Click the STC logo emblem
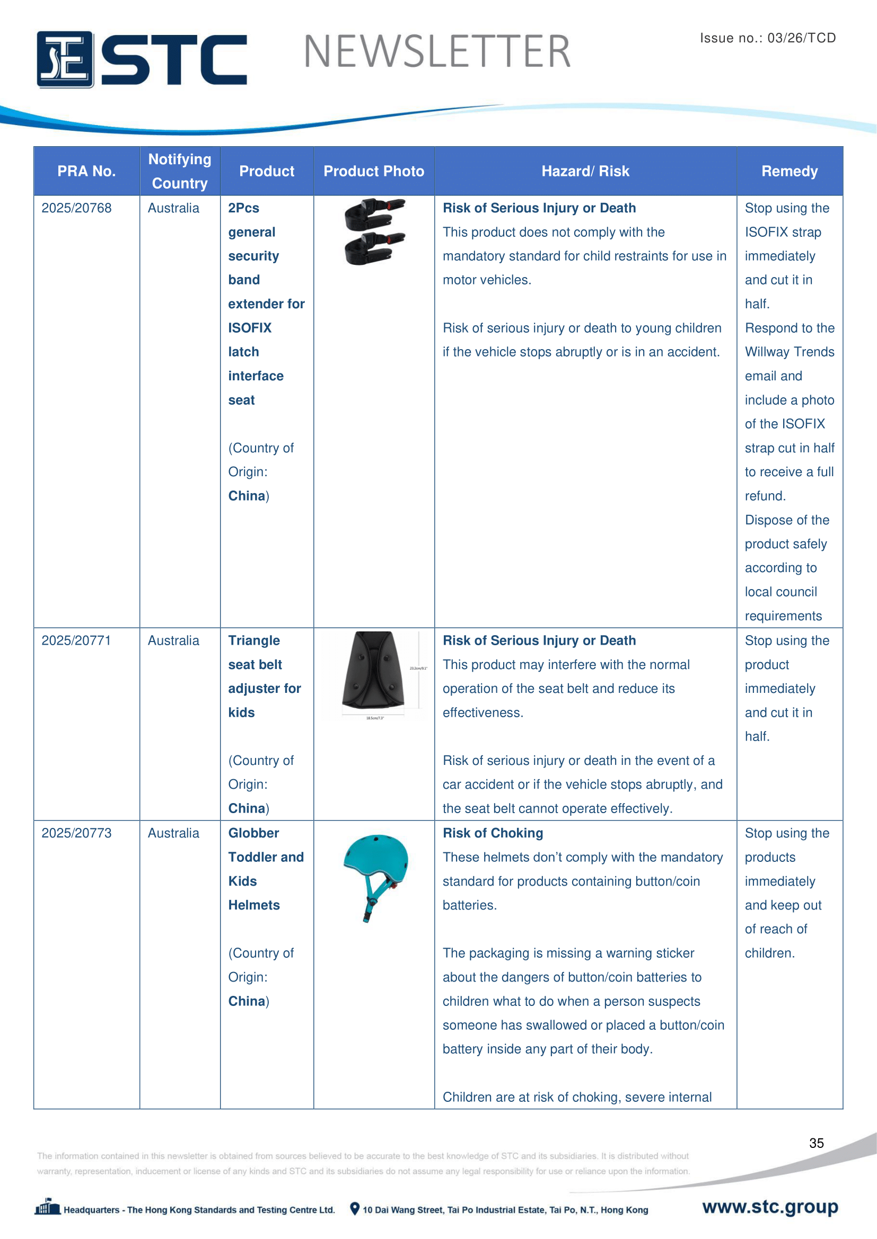[65, 59]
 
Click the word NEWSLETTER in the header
[437, 52]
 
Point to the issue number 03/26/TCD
[801, 38]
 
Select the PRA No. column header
[86, 171]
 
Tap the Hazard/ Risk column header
[585, 171]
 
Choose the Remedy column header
[789, 171]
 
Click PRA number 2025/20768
[77, 208]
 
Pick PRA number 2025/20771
[77, 640]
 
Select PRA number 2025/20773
[77, 833]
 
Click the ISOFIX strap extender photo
[374, 232]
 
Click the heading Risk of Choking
[493, 833]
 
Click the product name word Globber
[253, 833]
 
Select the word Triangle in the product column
[254, 640]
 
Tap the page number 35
[816, 1143]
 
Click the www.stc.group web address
[769, 1207]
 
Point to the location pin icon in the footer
[354, 1208]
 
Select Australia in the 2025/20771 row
[173, 640]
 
